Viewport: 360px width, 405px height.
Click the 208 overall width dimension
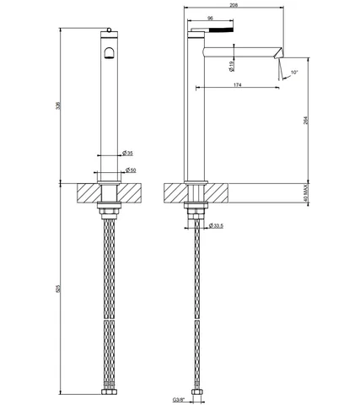[234, 5]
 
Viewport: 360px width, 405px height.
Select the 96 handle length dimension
[210, 18]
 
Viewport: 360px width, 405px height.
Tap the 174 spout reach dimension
[238, 84]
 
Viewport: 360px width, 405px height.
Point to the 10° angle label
[294, 73]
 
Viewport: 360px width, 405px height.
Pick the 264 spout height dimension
[306, 121]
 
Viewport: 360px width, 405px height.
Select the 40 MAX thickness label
[306, 193]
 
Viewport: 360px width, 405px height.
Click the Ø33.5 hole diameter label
[216, 225]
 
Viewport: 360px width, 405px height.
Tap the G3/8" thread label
[179, 399]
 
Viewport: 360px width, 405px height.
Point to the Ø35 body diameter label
[127, 154]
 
